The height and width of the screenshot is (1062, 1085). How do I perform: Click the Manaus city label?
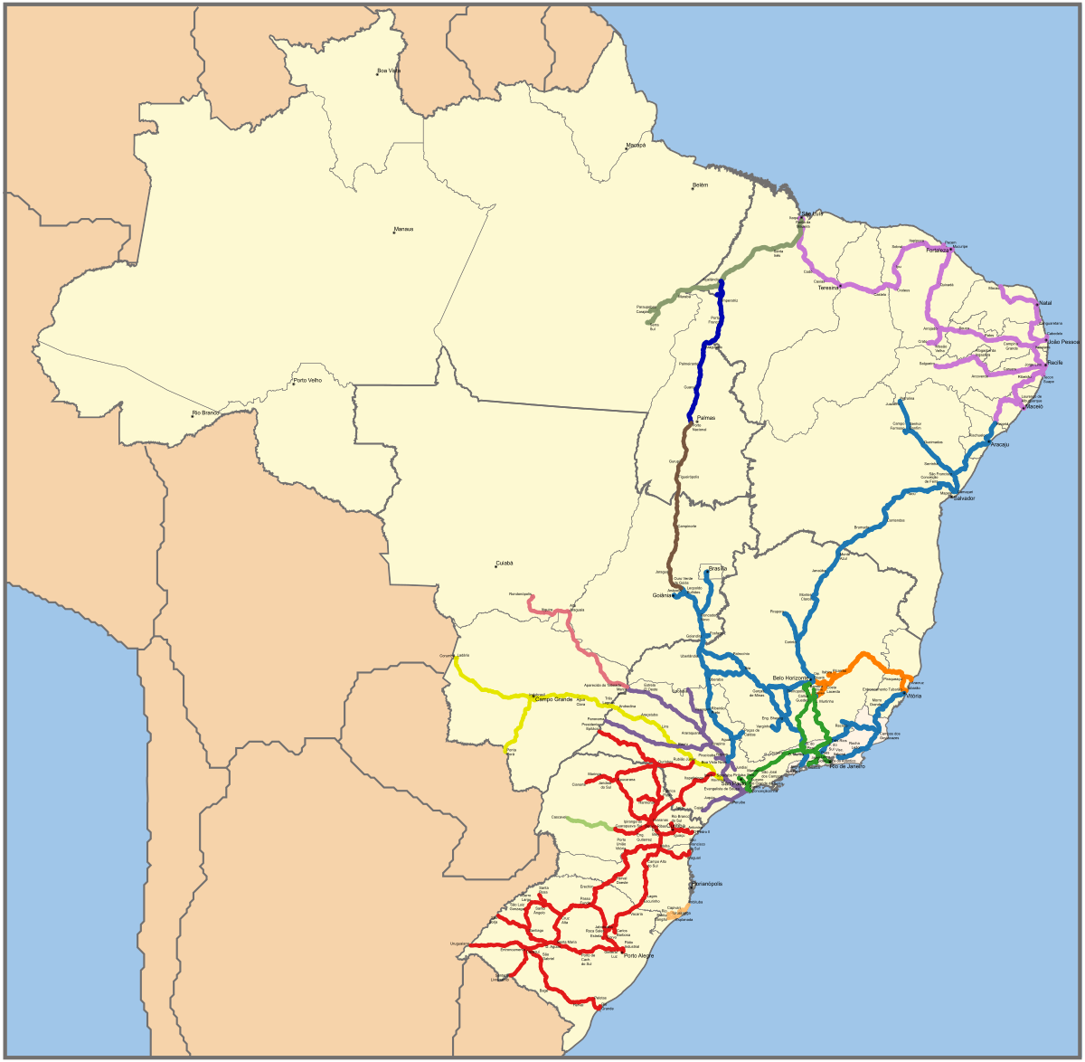(404, 229)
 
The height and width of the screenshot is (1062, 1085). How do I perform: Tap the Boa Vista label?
(389, 71)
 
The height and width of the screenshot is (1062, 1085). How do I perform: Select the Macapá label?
(637, 145)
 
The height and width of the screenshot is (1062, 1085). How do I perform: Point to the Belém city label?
(700, 185)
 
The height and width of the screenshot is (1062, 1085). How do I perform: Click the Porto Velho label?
(307, 381)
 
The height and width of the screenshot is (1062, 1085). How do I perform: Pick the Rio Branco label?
(205, 413)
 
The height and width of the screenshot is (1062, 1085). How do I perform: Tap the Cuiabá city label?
(504, 563)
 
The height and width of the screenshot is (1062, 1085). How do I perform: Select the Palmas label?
(706, 418)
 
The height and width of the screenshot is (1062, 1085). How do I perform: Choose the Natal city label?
(1045, 303)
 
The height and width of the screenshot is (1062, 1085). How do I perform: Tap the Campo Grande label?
(555, 699)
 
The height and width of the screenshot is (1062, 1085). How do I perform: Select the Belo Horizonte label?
(791, 678)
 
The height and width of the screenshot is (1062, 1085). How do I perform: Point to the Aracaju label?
(999, 445)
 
